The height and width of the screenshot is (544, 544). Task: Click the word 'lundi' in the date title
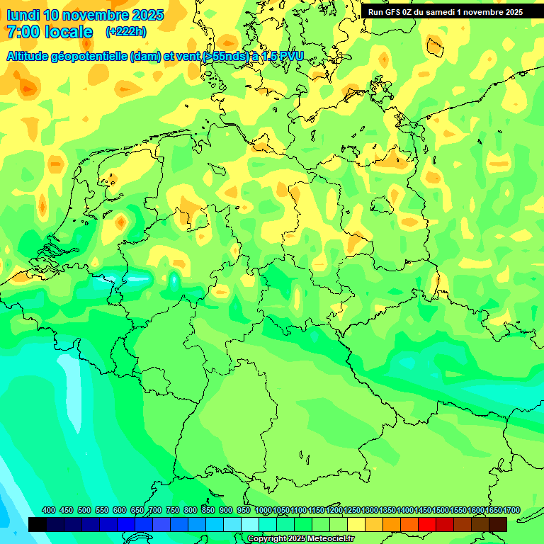click(x=23, y=15)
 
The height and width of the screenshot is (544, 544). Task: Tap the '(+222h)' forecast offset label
click(x=125, y=31)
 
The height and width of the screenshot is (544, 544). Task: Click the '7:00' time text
click(x=22, y=32)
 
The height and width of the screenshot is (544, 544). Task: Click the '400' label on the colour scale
click(x=49, y=510)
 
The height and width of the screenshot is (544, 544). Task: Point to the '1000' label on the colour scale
click(x=263, y=510)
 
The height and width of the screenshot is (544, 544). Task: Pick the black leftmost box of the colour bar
click(x=38, y=524)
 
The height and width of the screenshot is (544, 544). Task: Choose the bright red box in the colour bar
click(x=427, y=524)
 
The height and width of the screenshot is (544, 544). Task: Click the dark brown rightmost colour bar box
click(x=498, y=524)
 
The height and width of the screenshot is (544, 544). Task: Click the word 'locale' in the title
click(x=69, y=32)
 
